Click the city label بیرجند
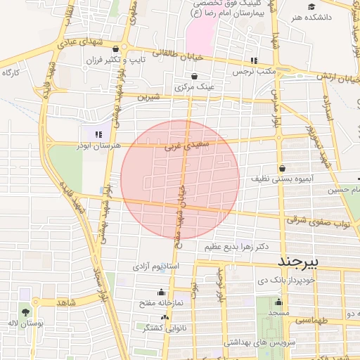pos(299,262)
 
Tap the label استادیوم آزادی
pos(157,267)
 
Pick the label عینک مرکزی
pos(194,86)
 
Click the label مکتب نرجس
pos(275,71)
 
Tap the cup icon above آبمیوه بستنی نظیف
pos(282,168)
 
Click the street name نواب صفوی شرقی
pos(318,222)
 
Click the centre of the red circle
pos(180,179)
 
